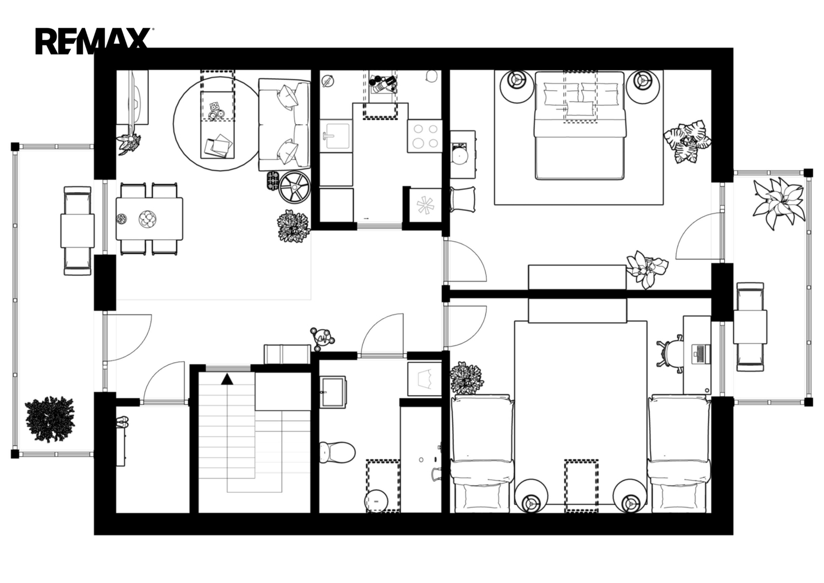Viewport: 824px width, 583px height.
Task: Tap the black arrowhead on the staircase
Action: (x=227, y=379)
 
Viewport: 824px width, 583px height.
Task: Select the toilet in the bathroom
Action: (x=337, y=452)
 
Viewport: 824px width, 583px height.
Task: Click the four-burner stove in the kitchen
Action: (x=425, y=136)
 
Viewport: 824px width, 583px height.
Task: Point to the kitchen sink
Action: (x=336, y=136)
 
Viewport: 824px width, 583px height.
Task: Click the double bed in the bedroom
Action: (x=580, y=125)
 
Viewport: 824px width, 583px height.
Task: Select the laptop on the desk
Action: (x=701, y=354)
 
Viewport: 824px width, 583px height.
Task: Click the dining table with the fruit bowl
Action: (x=149, y=219)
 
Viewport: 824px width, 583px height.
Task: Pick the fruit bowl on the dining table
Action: (x=147, y=219)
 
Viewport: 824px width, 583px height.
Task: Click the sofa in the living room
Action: (x=284, y=124)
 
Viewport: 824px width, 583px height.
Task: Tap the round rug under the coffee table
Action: (x=217, y=124)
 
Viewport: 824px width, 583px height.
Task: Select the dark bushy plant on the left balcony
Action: (x=50, y=419)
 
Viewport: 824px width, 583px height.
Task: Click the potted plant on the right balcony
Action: (x=778, y=203)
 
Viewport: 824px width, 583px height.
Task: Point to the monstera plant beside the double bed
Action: (x=687, y=141)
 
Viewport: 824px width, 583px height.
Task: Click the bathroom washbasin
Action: (x=332, y=392)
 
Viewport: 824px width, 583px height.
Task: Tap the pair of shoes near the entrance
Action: (x=122, y=422)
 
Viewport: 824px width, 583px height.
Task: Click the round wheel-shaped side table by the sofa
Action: (x=294, y=187)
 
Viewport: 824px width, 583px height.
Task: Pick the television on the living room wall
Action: (x=136, y=97)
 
